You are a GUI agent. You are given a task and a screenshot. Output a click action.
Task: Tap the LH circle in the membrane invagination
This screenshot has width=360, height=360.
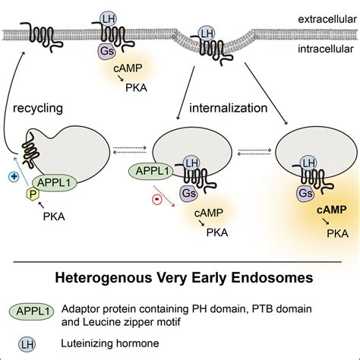tap(204, 33)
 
